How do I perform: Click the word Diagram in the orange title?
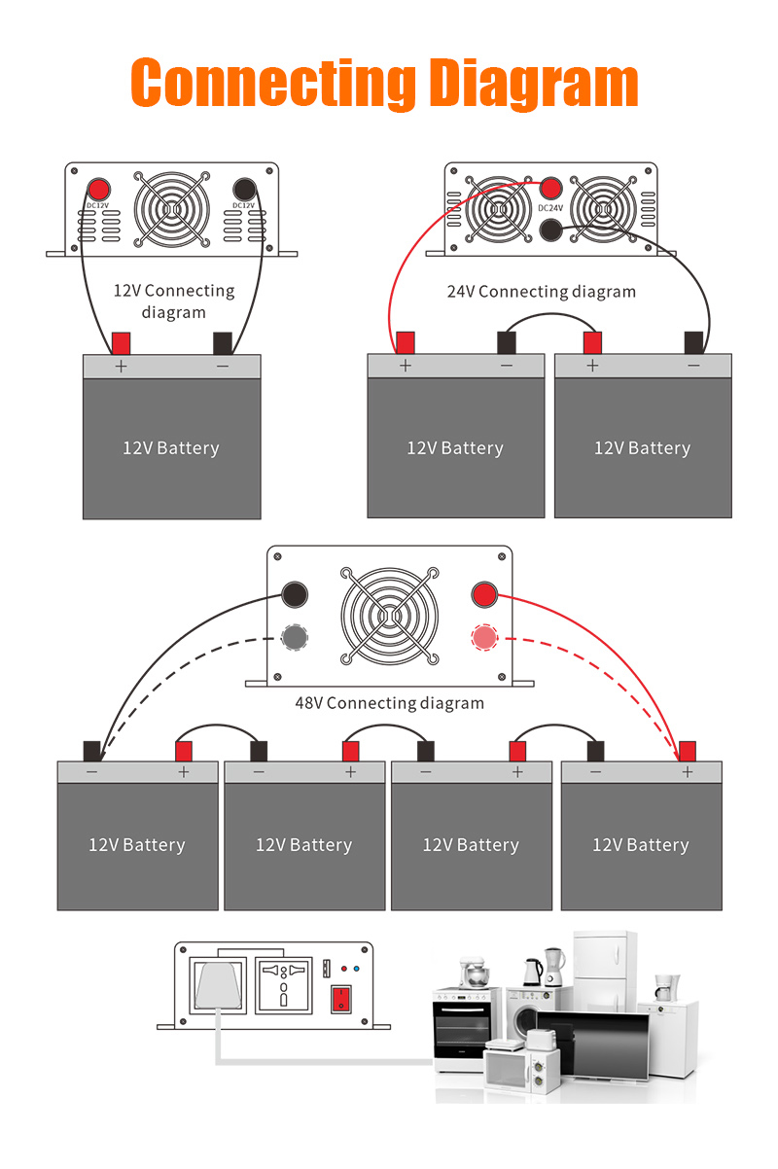pyautogui.click(x=533, y=85)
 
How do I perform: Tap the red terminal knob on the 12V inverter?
pyautogui.click(x=98, y=189)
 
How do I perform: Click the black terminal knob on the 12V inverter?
pyautogui.click(x=244, y=189)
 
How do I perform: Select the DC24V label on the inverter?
pyautogui.click(x=550, y=208)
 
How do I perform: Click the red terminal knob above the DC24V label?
pyautogui.click(x=550, y=188)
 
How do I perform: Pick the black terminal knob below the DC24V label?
pyautogui.click(x=550, y=230)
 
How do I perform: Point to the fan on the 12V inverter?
pyautogui.click(x=172, y=209)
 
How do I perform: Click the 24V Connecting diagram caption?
pyautogui.click(x=542, y=292)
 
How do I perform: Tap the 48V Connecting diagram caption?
pyautogui.click(x=390, y=703)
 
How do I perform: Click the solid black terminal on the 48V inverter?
pyautogui.click(x=295, y=594)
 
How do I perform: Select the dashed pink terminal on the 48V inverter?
pyautogui.click(x=484, y=637)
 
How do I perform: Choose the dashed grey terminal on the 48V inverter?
pyautogui.click(x=295, y=637)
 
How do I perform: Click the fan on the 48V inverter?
pyautogui.click(x=390, y=616)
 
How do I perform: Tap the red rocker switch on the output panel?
pyautogui.click(x=341, y=999)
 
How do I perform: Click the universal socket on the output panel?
pyautogui.click(x=284, y=985)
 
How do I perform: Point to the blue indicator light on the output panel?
pyautogui.click(x=356, y=969)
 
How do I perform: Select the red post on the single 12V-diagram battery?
pyautogui.click(x=121, y=343)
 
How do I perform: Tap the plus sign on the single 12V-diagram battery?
pyautogui.click(x=121, y=367)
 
